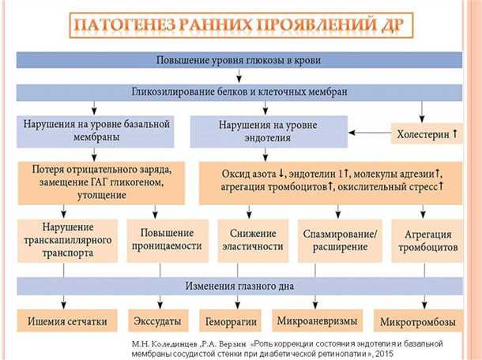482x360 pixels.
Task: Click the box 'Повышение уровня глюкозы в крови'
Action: click(x=239, y=61)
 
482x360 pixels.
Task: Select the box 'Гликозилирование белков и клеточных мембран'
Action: click(x=239, y=92)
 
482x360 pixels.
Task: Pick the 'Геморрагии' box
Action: click(x=230, y=322)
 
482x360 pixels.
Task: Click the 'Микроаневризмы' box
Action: click(x=316, y=321)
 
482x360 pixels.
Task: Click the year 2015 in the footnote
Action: click(x=386, y=354)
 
